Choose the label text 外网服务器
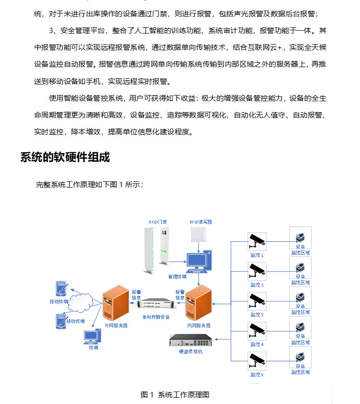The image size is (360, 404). point(116,326)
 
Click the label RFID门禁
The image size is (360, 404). point(158,222)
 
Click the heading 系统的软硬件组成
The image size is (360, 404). point(65,157)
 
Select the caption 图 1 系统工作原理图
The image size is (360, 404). point(175,394)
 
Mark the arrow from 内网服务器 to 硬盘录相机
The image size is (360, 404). point(216,338)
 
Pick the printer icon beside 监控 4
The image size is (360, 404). point(300,326)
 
